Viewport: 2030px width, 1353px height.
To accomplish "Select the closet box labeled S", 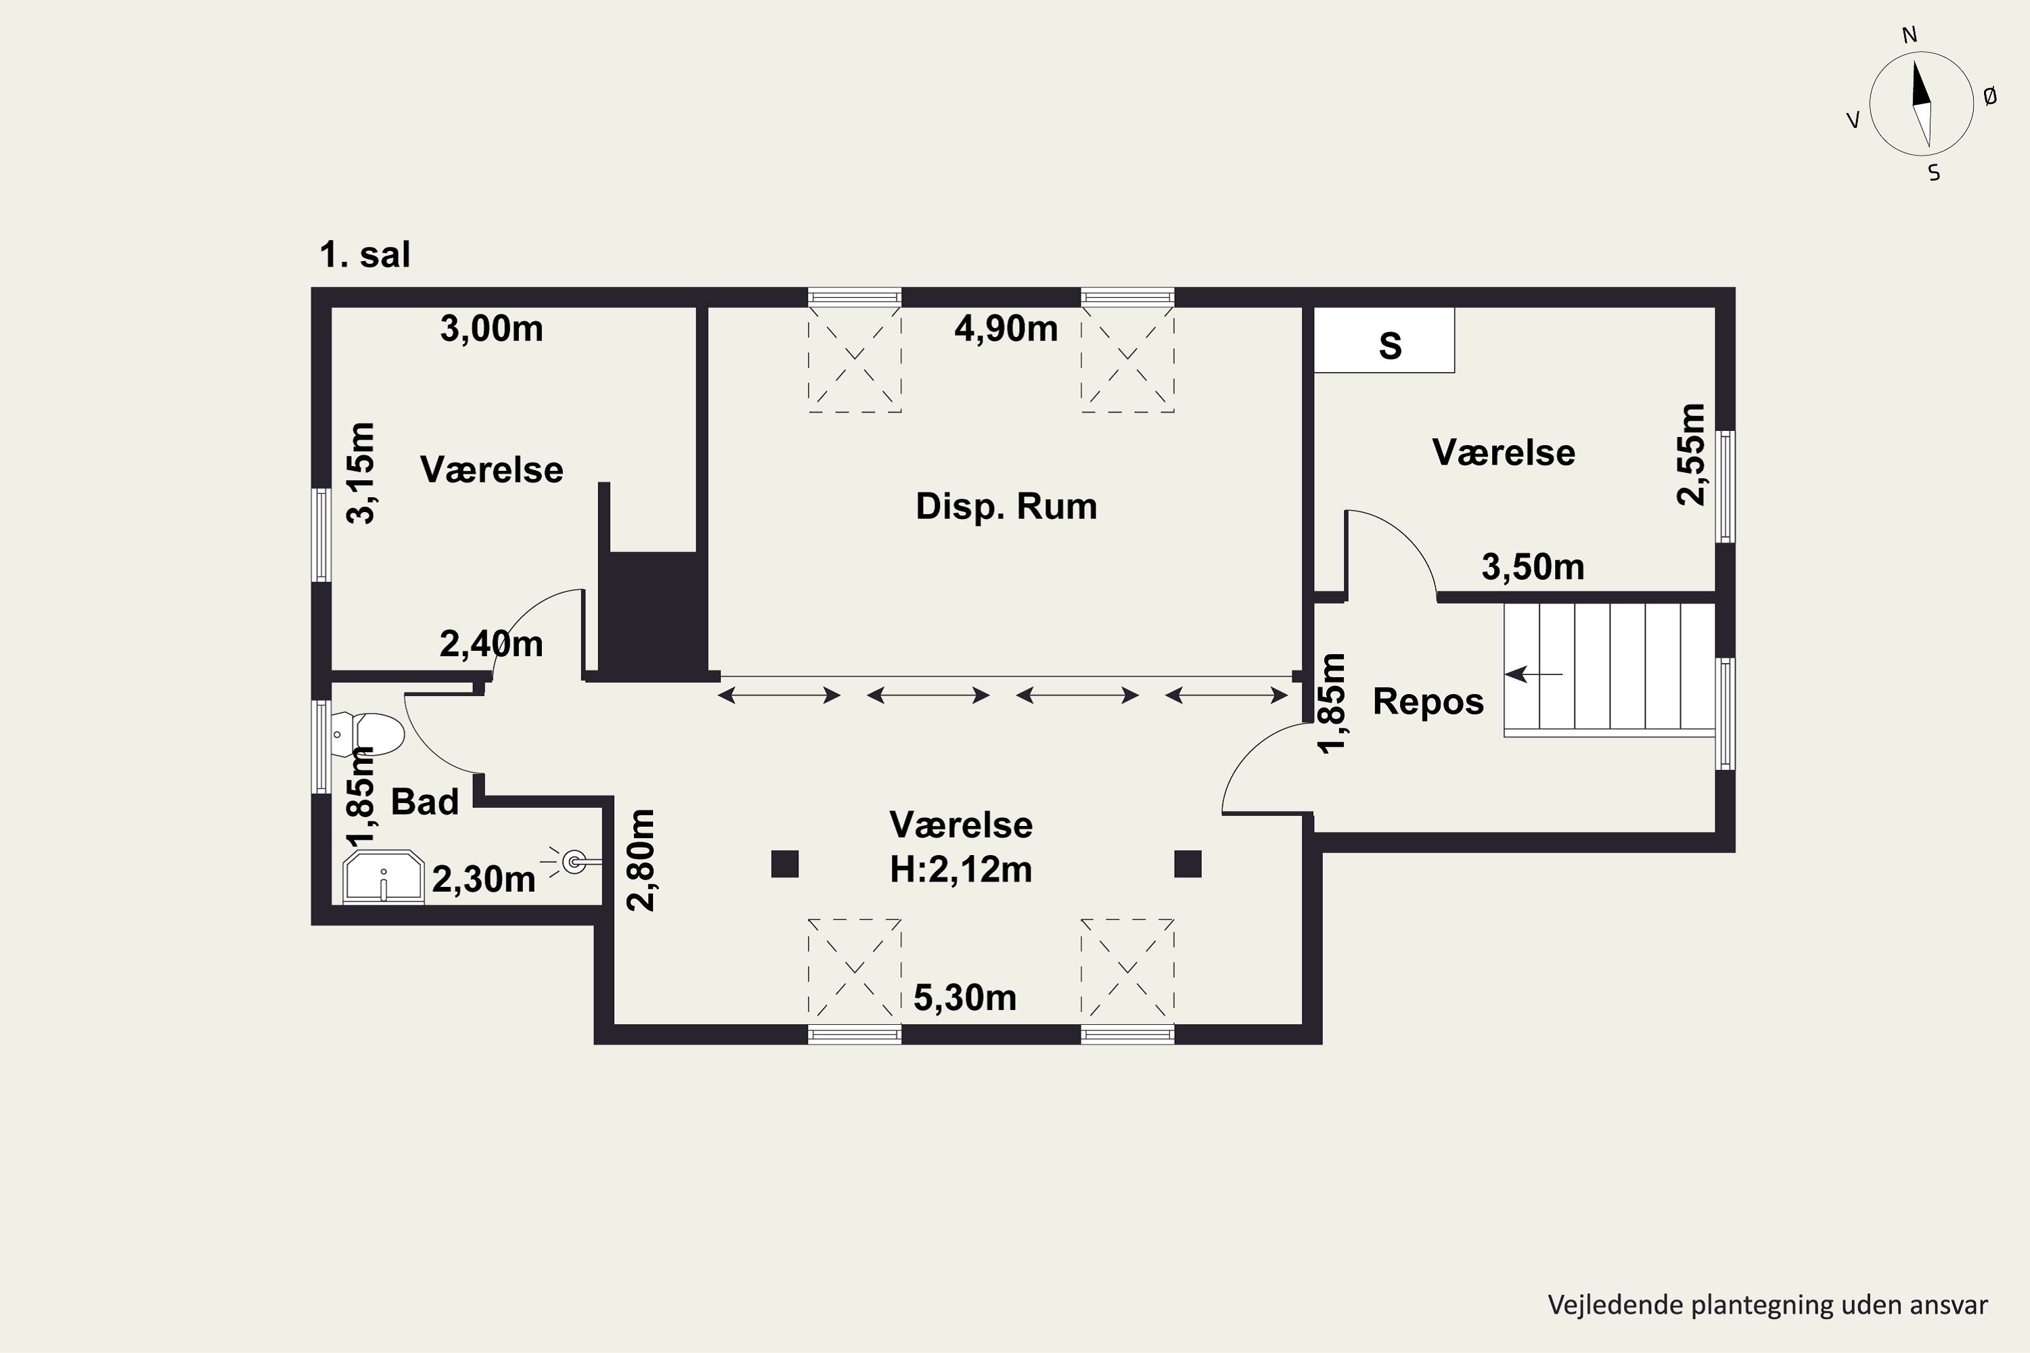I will click(x=1384, y=341).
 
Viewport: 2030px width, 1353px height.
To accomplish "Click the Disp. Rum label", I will click(x=1006, y=507).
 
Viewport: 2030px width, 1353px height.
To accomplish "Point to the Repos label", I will click(x=1428, y=702).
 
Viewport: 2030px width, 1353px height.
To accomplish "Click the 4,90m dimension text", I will click(x=1006, y=329).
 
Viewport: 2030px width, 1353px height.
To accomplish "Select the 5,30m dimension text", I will click(x=964, y=999).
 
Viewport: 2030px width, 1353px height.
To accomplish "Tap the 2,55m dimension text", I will click(x=1691, y=454).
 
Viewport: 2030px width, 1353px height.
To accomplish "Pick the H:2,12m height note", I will click(x=961, y=870).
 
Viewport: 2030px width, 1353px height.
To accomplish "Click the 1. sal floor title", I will click(x=364, y=256).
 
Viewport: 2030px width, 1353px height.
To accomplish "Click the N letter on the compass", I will click(x=1909, y=35).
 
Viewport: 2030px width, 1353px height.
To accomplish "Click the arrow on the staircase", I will click(x=1533, y=674).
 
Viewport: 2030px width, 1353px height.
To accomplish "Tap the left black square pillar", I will click(x=784, y=864).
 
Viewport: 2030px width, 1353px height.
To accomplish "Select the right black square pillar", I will click(x=1188, y=864).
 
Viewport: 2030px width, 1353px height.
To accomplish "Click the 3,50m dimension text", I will click(x=1533, y=568).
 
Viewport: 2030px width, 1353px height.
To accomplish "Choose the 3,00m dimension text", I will click(x=491, y=329).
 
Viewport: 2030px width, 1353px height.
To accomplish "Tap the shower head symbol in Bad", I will click(x=573, y=861).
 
